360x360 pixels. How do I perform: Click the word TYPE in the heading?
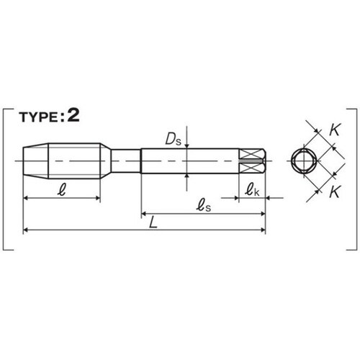pos(38,117)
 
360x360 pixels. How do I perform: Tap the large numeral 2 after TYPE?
pos(73,115)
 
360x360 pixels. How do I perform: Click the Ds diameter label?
pos(174,140)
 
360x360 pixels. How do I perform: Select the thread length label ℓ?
pos(62,191)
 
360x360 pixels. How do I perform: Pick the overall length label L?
pos(153,223)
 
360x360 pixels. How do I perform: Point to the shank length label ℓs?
pos(204,206)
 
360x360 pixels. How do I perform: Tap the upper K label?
pos(335,130)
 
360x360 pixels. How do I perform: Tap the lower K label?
pos(335,192)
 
